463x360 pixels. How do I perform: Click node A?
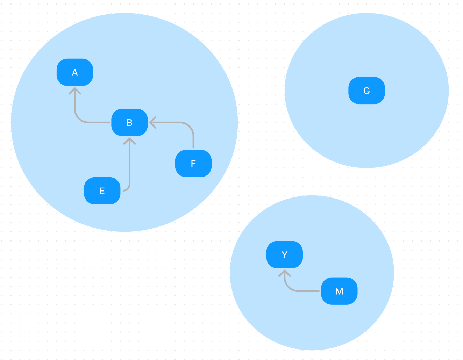[75, 72]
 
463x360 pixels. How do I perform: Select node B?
[129, 122]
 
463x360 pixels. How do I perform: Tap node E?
[102, 191]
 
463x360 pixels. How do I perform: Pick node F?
[193, 164]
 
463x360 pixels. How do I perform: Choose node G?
[366, 91]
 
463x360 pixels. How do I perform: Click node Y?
[284, 254]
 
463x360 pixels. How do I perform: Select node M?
[339, 291]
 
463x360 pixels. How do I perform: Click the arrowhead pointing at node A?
[75, 90]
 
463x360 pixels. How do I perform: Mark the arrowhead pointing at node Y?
[285, 273]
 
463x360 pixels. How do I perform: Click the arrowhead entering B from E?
[129, 140]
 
